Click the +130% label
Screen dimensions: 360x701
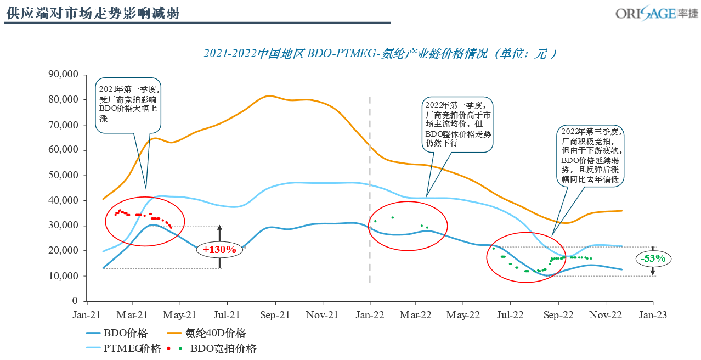click(219, 250)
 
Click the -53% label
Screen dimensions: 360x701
click(653, 258)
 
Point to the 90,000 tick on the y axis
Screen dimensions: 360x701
click(65, 75)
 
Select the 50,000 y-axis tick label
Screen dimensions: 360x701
click(65, 175)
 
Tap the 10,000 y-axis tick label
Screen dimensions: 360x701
click(65, 276)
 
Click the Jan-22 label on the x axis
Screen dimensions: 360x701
click(370, 316)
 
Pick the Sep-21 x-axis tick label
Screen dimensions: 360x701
click(275, 316)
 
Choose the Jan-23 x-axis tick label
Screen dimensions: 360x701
click(652, 316)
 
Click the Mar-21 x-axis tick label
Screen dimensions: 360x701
click(133, 316)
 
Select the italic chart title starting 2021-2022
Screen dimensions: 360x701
click(380, 54)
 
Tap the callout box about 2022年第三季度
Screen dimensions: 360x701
click(591, 156)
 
